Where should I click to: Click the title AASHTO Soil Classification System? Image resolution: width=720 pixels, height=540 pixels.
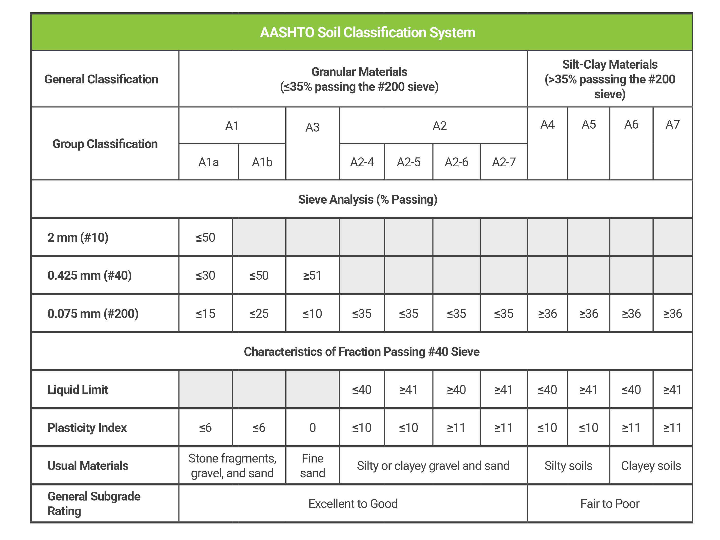(x=368, y=33)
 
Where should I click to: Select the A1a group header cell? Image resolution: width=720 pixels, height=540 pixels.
(x=208, y=162)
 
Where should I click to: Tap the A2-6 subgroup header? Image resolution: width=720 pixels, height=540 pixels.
(x=456, y=162)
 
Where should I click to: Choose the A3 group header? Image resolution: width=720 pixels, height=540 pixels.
(x=312, y=127)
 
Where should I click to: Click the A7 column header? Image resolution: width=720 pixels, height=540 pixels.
(x=672, y=124)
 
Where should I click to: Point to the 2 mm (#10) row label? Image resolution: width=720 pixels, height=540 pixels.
(x=78, y=237)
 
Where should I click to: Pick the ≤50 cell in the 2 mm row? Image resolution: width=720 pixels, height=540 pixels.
(x=205, y=237)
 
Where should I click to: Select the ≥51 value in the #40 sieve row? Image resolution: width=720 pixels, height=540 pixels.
(x=312, y=275)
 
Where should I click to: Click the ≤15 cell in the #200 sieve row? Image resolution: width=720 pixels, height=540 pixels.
(x=205, y=313)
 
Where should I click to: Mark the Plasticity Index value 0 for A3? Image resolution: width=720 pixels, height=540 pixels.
(x=312, y=427)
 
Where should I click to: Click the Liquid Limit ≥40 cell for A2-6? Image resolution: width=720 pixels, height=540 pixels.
(x=456, y=390)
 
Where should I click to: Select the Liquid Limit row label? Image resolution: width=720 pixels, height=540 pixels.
(x=78, y=390)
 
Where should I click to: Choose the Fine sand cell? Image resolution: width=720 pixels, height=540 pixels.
(x=312, y=465)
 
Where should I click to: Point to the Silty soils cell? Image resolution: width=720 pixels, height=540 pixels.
(x=568, y=465)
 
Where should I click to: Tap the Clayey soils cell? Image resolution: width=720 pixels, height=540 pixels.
(x=651, y=465)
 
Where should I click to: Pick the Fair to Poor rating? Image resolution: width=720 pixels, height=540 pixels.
(x=610, y=503)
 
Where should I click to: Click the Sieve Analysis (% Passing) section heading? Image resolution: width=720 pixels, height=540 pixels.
(x=368, y=199)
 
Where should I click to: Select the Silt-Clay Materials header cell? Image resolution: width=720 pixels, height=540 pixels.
(x=610, y=79)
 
